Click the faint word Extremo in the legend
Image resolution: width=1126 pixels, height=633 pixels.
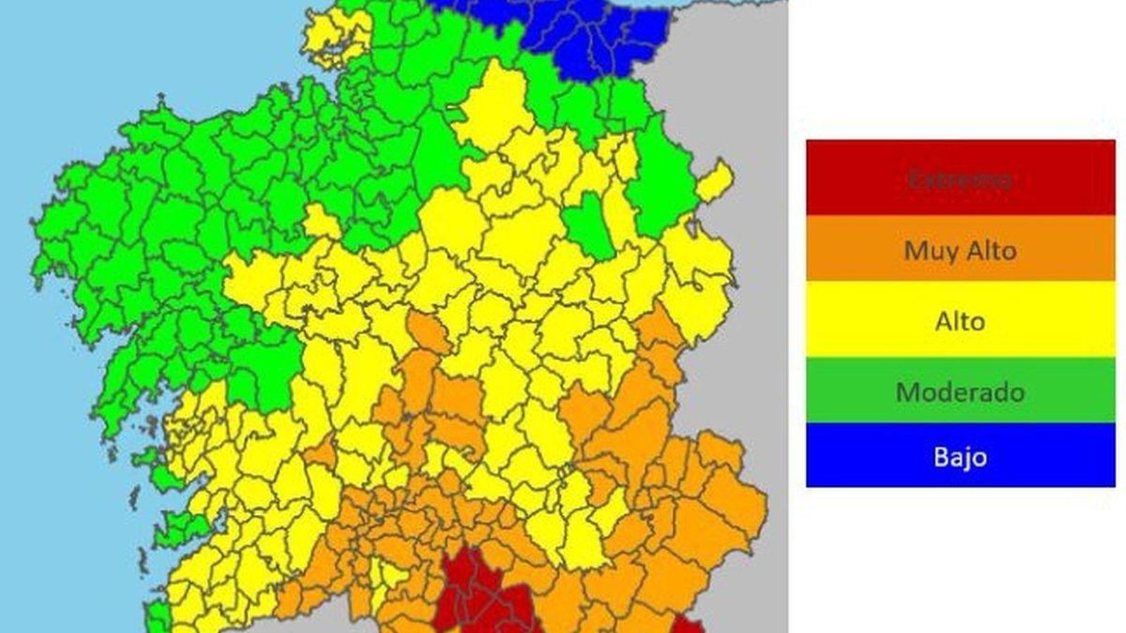click(960, 179)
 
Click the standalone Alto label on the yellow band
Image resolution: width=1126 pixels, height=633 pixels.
click(960, 321)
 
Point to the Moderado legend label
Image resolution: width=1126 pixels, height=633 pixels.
click(960, 392)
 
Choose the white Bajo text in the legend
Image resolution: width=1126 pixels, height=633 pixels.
click(960, 457)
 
